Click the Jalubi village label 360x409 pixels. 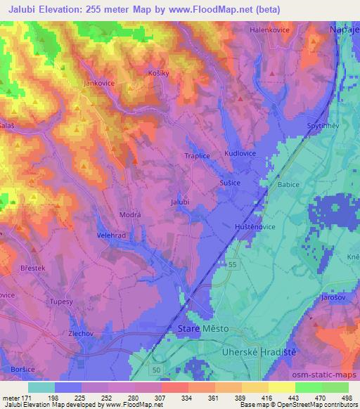(x=181, y=202)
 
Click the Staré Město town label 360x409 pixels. (x=199, y=328)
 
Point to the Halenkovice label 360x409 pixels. (x=271, y=30)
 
